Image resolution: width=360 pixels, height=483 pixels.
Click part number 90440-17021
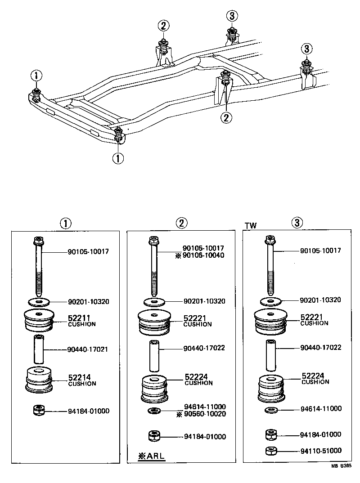click(89, 349)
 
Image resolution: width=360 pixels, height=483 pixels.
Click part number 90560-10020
click(205, 414)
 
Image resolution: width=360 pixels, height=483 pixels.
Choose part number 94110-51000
click(321, 450)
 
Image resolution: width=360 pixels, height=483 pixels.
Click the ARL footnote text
click(152, 456)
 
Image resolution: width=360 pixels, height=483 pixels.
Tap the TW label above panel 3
click(251, 226)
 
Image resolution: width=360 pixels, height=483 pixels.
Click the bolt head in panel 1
click(39, 241)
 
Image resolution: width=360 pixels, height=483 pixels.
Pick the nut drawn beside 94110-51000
click(271, 450)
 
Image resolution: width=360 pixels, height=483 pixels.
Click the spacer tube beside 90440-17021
click(39, 349)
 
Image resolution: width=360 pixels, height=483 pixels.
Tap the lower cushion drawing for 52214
click(40, 380)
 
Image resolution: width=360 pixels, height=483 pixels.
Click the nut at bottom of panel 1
click(39, 411)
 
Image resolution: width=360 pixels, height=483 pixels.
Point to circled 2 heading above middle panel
click(181, 223)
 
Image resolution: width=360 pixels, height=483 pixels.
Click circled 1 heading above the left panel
click(66, 223)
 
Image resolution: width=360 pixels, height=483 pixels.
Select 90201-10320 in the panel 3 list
click(320, 300)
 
